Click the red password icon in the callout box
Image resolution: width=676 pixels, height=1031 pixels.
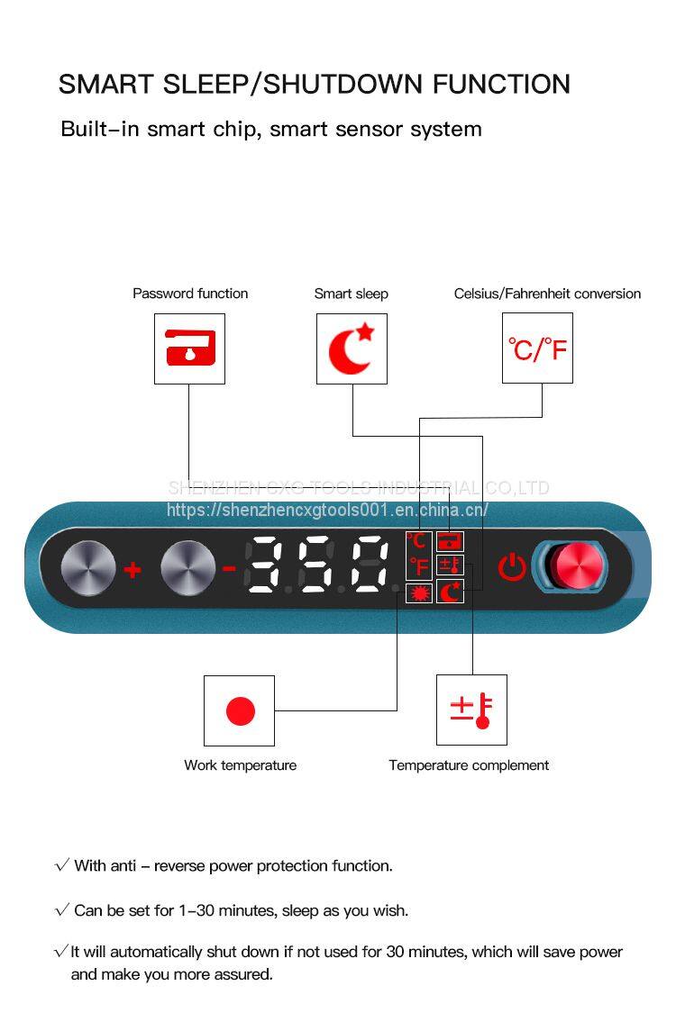click(x=189, y=348)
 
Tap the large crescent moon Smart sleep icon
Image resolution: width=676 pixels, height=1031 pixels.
click(x=351, y=348)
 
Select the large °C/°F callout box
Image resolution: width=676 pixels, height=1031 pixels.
click(x=537, y=348)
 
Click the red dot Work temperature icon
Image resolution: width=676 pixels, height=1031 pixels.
click(x=240, y=710)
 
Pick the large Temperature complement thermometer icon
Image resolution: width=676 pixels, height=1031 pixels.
click(x=471, y=710)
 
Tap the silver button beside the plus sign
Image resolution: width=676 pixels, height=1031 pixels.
click(x=88, y=568)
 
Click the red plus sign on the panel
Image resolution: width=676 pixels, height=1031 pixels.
click(x=132, y=569)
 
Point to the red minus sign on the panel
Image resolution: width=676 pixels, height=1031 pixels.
click(x=229, y=568)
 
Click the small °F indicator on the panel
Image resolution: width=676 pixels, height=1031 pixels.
click(x=418, y=567)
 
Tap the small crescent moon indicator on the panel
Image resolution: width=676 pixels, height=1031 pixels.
click(x=449, y=591)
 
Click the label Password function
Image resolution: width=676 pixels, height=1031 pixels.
click(x=190, y=294)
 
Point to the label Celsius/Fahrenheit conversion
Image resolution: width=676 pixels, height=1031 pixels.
click(x=547, y=294)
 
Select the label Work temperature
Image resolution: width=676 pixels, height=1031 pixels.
click(x=240, y=765)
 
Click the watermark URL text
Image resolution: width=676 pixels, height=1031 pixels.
click(x=327, y=511)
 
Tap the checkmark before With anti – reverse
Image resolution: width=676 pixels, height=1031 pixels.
click(x=62, y=866)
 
